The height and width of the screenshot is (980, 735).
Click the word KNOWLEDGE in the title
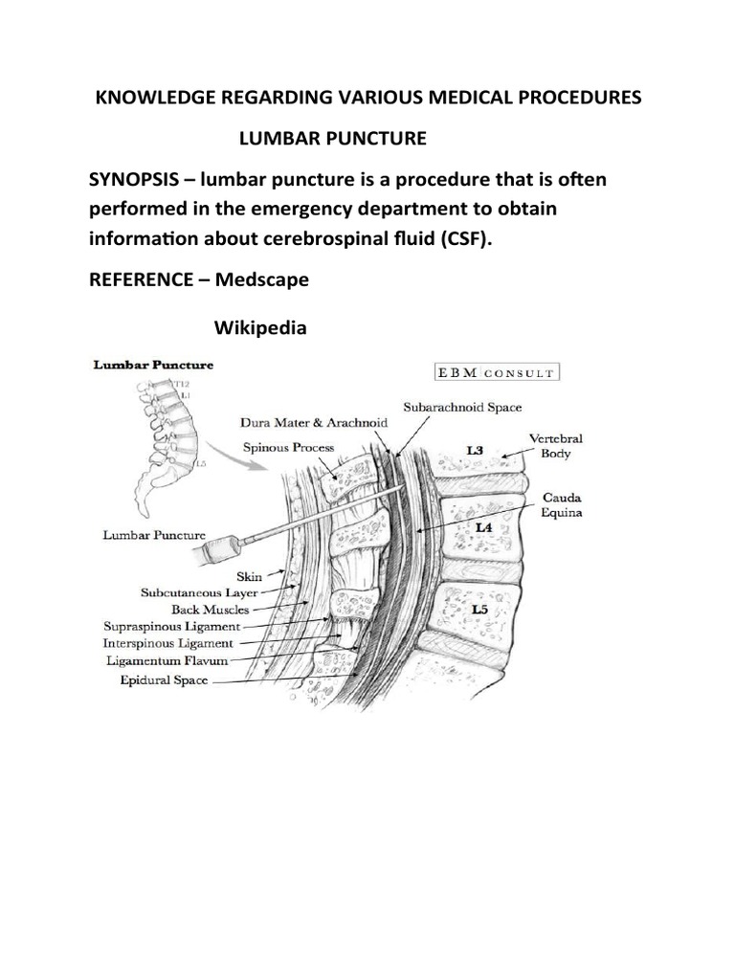[x=140, y=99]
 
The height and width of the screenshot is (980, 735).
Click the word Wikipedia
[x=260, y=328]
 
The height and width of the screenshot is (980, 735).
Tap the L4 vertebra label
[x=485, y=525]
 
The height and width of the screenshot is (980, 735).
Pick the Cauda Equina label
[x=563, y=505]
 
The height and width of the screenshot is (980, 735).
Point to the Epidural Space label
[x=164, y=680]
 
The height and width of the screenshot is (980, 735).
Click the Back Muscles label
[x=211, y=609]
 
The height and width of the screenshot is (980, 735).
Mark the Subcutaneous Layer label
[x=197, y=593]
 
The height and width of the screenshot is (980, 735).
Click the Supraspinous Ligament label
[x=171, y=626]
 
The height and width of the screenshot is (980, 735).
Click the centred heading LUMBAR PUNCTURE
[x=332, y=139]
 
